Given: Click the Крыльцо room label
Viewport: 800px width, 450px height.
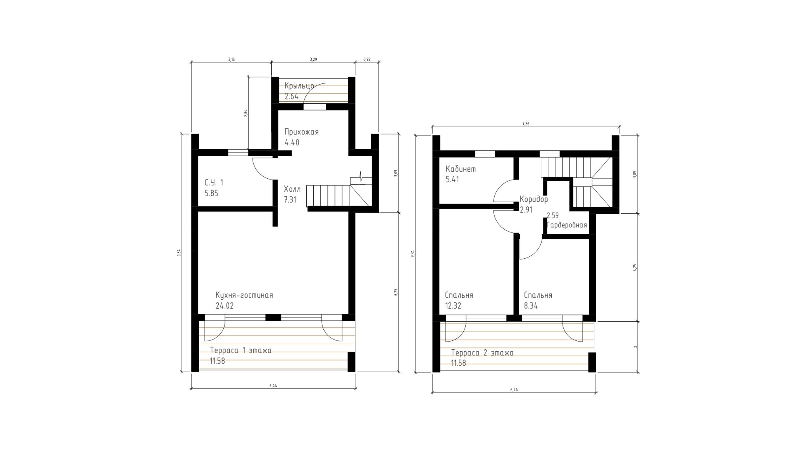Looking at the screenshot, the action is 299,86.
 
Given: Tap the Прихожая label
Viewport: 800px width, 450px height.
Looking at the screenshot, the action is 301,132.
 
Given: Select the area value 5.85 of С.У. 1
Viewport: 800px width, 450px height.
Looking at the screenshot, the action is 211,193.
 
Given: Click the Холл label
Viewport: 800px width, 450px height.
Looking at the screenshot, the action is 292,189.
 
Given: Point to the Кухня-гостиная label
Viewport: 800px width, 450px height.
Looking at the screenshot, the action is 244,295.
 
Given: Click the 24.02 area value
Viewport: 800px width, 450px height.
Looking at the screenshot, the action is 225,305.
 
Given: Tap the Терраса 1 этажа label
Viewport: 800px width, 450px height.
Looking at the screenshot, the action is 241,350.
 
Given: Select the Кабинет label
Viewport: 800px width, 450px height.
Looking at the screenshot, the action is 461,169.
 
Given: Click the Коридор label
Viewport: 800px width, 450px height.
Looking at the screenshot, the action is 534,200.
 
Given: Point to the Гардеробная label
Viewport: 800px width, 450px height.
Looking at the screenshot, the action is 567,225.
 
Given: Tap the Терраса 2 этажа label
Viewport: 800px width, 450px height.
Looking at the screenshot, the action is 482,353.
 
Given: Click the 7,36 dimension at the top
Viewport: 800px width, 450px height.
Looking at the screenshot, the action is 525,124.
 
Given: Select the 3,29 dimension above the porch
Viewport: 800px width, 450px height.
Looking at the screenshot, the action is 313,60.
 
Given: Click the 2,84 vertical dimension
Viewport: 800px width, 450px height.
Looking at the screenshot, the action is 246,113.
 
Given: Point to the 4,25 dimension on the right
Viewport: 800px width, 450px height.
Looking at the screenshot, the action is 635,267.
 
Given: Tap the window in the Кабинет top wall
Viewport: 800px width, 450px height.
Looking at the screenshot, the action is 485,153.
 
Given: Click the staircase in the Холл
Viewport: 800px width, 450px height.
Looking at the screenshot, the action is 338,196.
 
